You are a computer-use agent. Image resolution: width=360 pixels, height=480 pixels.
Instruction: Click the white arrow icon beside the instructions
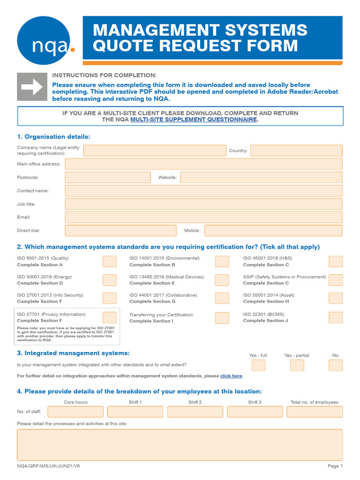click(32, 87)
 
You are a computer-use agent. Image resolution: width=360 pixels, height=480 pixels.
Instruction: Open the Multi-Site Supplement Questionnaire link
click(194, 120)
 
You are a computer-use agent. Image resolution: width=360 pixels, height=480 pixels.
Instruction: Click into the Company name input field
click(155, 150)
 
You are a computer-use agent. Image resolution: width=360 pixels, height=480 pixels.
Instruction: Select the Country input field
click(296, 150)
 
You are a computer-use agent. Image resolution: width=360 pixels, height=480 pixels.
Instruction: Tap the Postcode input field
click(108, 177)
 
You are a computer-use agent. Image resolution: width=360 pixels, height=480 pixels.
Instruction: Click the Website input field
click(261, 177)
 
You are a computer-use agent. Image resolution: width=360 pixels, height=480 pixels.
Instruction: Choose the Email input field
click(203, 217)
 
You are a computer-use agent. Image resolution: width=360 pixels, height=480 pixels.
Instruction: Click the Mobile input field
click(273, 231)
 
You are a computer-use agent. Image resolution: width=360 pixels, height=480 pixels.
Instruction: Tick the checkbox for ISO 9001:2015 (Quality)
click(110, 262)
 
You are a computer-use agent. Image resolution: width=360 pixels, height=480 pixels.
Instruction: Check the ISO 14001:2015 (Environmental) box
click(222, 262)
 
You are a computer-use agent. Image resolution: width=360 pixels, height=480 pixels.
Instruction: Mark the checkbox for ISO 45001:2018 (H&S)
click(336, 262)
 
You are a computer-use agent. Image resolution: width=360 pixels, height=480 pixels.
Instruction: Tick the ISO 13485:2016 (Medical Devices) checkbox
click(222, 280)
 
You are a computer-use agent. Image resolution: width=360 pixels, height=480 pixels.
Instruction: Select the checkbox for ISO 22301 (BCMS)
click(336, 317)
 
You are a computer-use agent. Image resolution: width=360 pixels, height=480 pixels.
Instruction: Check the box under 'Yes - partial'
click(297, 365)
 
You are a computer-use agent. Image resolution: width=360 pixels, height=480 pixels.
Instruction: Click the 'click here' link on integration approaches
click(231, 376)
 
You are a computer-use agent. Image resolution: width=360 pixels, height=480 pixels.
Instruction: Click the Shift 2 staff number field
click(195, 412)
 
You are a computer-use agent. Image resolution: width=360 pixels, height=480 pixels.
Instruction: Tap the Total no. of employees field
click(315, 412)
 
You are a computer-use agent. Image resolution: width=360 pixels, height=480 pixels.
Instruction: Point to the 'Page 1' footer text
click(335, 466)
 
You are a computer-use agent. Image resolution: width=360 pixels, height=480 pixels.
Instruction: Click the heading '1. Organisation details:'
click(53, 136)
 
